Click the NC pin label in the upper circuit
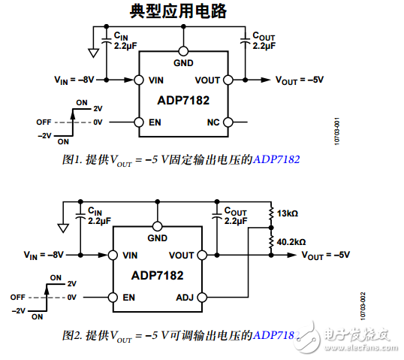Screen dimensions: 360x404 [x=213, y=122]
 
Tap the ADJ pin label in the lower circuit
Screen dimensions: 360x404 [x=185, y=298]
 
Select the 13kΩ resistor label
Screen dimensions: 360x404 [x=288, y=214]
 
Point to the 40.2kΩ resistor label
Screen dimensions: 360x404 [x=291, y=243]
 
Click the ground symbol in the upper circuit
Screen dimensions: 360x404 [x=92, y=53]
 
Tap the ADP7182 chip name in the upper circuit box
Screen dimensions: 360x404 [x=182, y=99]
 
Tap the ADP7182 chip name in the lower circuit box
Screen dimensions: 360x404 [x=157, y=276]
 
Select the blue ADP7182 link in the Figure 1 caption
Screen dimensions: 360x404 [x=277, y=159]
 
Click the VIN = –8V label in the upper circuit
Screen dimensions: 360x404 [x=75, y=79]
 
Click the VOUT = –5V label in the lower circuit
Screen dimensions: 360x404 [x=326, y=256]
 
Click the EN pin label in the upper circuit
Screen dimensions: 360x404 [x=155, y=122]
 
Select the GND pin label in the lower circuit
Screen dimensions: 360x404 [x=157, y=238]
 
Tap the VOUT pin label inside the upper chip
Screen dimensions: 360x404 [x=207, y=80]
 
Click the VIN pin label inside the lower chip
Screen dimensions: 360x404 [x=130, y=256]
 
